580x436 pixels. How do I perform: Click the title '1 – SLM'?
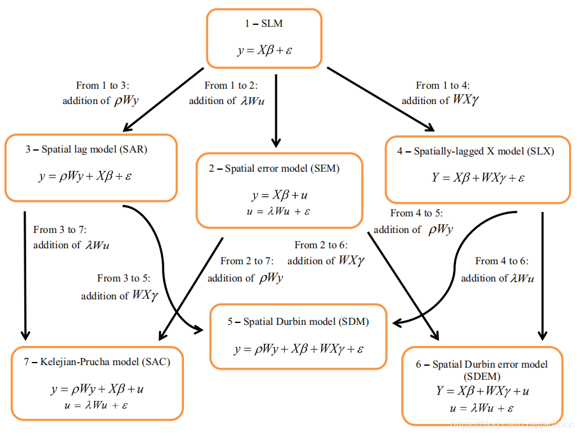click(x=263, y=24)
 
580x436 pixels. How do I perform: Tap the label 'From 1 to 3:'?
click(x=102, y=85)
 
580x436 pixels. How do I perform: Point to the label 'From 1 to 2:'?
click(x=230, y=85)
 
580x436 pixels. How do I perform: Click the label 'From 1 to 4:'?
click(x=442, y=85)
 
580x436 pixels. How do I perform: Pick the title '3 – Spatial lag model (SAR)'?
click(x=91, y=150)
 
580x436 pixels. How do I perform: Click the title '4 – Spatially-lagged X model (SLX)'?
click(x=476, y=151)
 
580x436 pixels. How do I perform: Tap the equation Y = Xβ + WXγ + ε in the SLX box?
click(x=478, y=177)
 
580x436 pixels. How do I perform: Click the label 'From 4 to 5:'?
click(x=416, y=213)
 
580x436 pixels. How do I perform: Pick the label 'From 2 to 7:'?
click(x=247, y=261)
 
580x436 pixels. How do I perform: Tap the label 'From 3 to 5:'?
click(x=123, y=278)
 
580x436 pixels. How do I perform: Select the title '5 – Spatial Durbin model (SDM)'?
click(x=298, y=322)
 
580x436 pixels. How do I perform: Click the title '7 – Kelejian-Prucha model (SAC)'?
click(x=97, y=362)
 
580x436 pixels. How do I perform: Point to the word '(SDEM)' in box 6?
click(x=483, y=376)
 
